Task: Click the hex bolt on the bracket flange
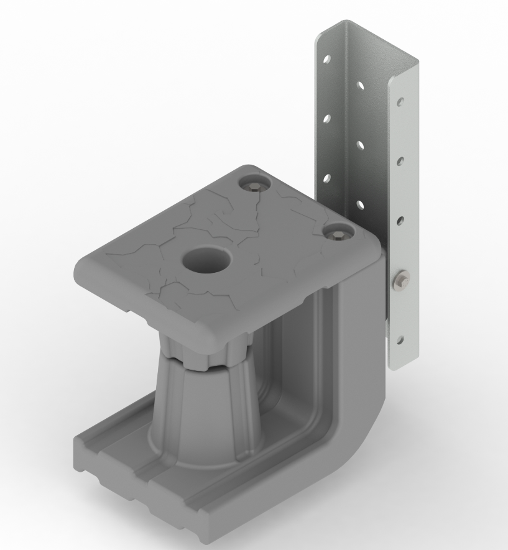coord(401,281)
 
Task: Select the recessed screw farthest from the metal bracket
coord(254,185)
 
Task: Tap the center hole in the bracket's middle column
coord(361,144)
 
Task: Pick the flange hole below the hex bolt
coord(400,339)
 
